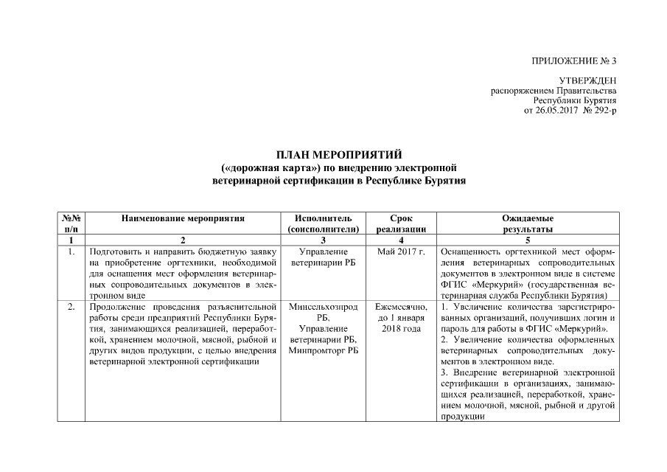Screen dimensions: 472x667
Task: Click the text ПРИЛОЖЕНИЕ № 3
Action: point(573,60)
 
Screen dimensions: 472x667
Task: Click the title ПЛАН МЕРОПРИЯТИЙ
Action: point(339,155)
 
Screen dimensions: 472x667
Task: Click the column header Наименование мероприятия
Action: point(183,218)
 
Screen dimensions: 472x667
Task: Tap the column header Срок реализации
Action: point(401,224)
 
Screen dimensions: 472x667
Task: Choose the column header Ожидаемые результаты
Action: point(527,224)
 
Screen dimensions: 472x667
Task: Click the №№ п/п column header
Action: point(71,224)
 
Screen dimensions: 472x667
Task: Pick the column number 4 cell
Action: point(401,240)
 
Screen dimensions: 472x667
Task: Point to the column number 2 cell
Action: point(183,240)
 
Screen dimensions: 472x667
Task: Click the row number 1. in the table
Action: point(71,252)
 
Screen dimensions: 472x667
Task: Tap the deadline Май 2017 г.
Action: point(401,252)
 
